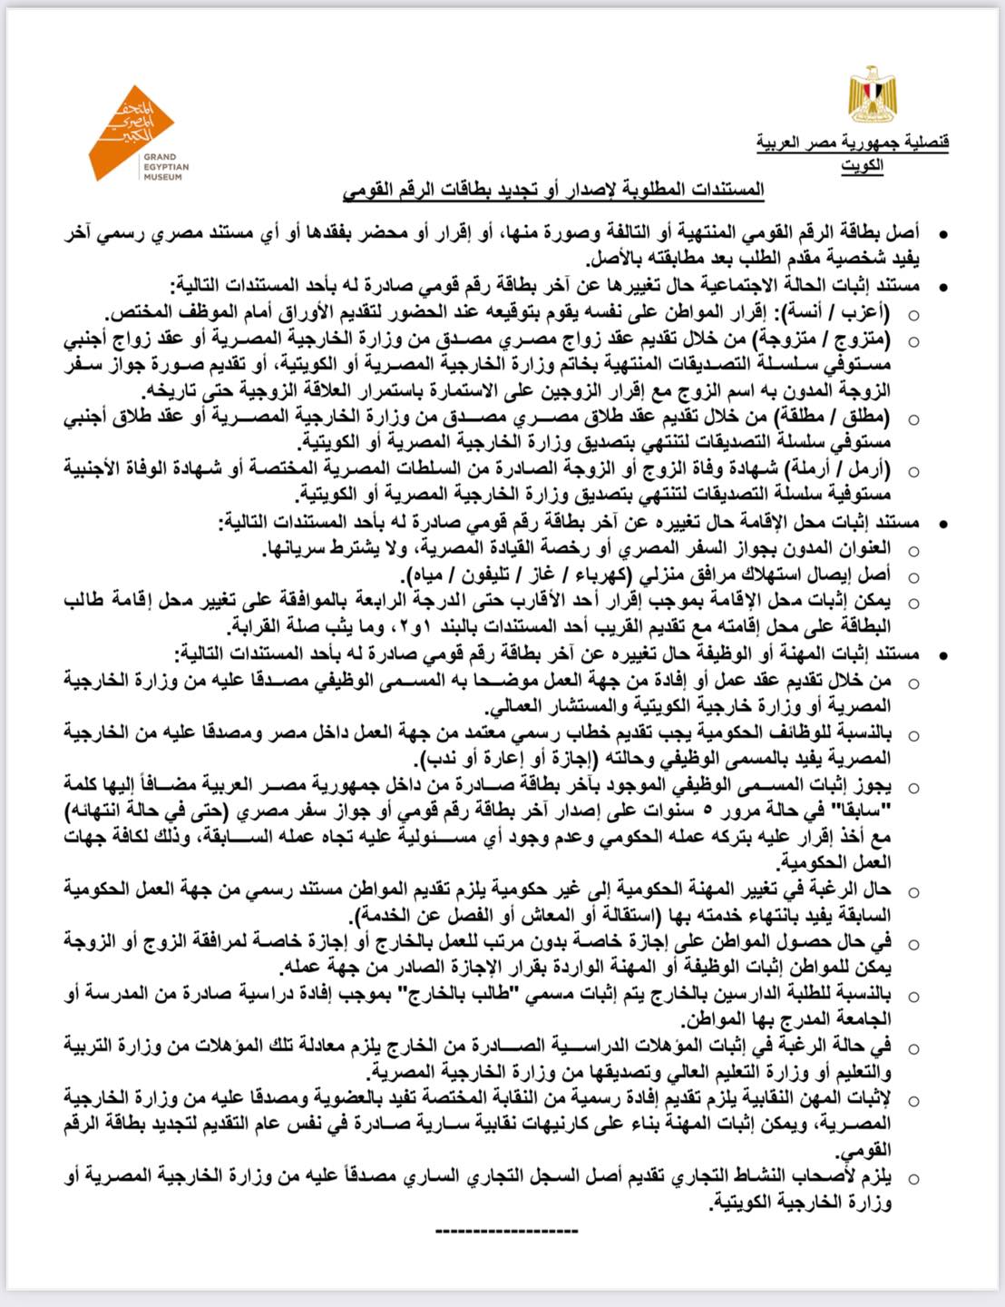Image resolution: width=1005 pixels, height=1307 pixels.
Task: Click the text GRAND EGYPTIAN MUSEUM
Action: tap(165, 167)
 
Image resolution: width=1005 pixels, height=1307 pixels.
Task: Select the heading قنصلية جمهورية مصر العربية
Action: tap(853, 142)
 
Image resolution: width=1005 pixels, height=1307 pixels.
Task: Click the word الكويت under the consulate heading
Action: tap(863, 165)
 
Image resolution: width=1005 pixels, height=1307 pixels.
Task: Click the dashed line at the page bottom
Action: tap(506, 1231)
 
